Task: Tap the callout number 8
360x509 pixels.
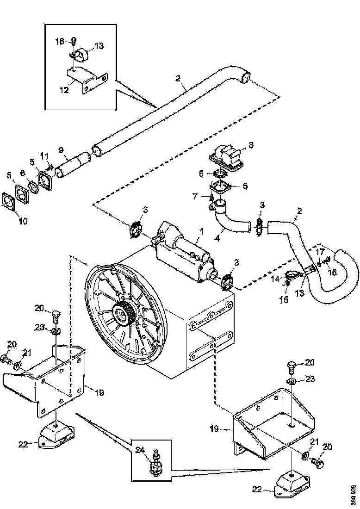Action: point(250,145)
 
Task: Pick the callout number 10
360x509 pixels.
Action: point(23,221)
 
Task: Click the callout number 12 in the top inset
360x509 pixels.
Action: point(64,90)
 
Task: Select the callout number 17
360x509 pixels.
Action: point(320,252)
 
